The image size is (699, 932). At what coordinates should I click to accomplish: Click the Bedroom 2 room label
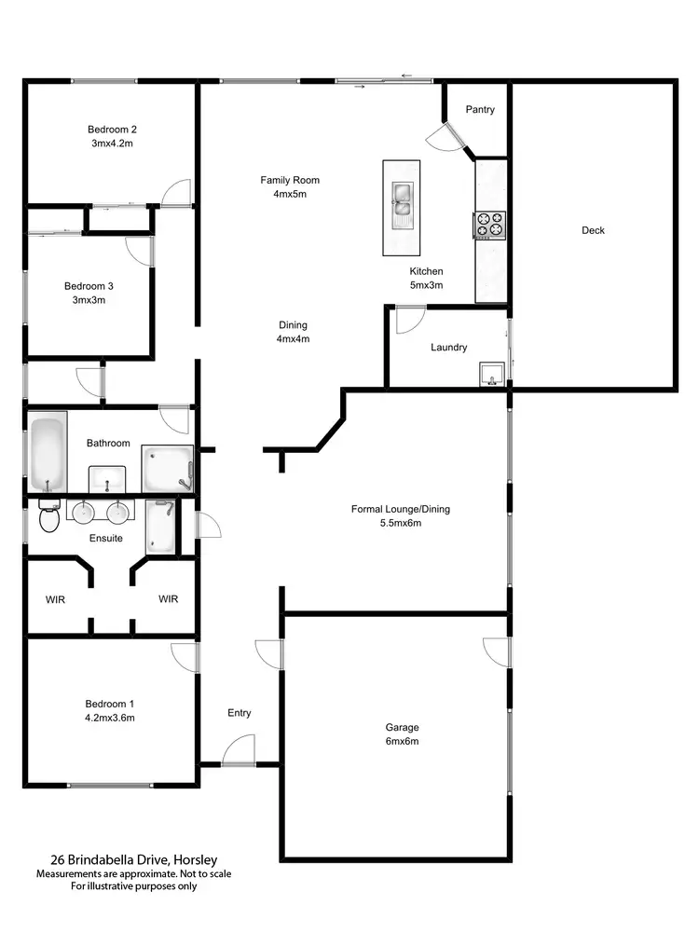pos(113,130)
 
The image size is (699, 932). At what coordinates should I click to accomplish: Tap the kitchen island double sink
pos(402,199)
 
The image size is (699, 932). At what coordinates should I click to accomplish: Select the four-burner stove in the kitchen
pos(491,225)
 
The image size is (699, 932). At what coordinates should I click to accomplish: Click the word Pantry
pos(480,110)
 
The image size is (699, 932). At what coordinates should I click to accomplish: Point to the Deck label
pos(593,230)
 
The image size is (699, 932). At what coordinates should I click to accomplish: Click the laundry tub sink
pos(490,375)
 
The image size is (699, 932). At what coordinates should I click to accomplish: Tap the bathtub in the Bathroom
pos(48,454)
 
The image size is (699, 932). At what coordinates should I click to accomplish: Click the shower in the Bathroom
pos(167,468)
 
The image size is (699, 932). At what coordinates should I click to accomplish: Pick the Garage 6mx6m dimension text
pos(403,742)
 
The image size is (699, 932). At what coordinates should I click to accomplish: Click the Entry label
pos(240,713)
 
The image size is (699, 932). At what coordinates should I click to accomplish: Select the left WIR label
pos(56,598)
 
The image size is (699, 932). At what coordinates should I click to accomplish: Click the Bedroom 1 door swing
pos(185,656)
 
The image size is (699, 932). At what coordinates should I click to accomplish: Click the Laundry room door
pos(407,320)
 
